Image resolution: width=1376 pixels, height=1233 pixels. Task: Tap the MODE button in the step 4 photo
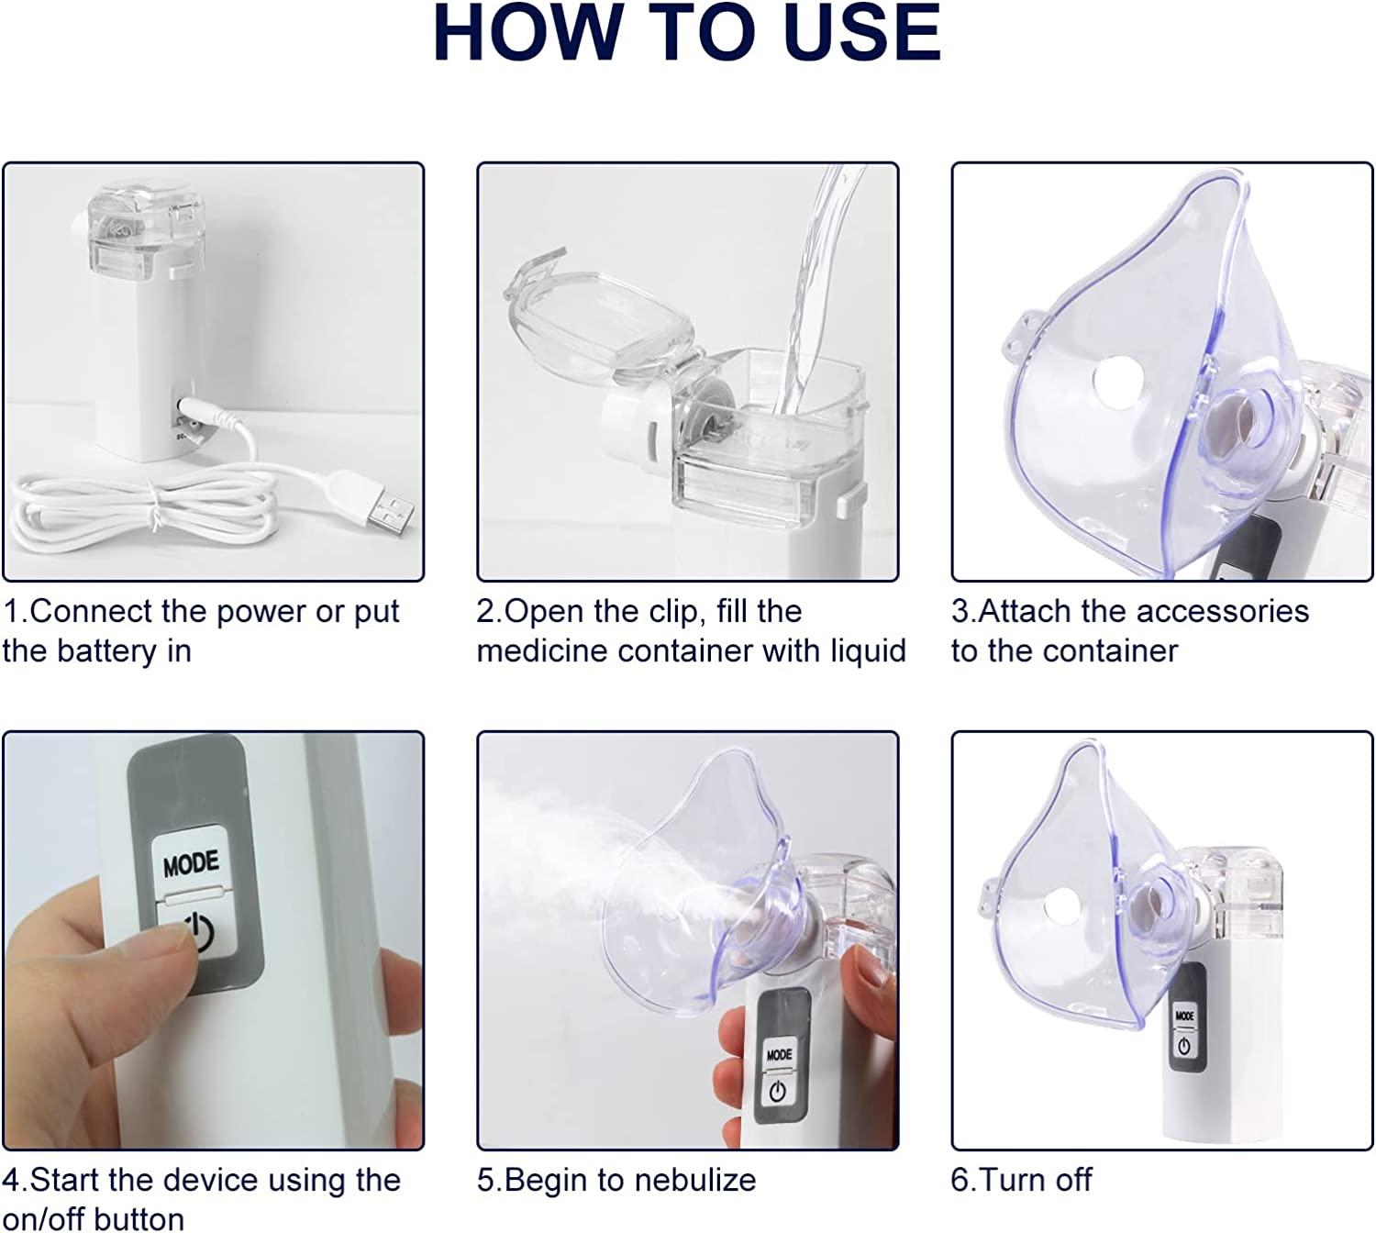(191, 863)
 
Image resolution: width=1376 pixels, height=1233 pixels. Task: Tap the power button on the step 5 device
(778, 1092)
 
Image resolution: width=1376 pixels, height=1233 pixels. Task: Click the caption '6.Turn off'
(1021, 1180)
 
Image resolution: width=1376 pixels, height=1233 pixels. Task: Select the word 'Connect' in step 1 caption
(91, 611)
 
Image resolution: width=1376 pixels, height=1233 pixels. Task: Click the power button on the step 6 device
(1184, 1045)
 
